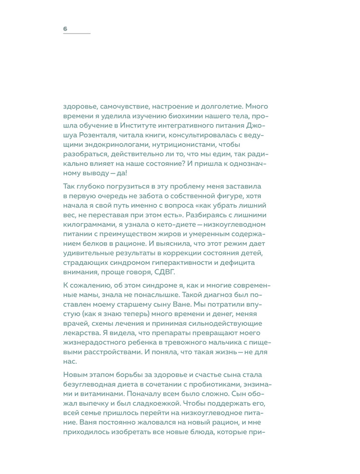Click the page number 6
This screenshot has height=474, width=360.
(65, 29)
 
